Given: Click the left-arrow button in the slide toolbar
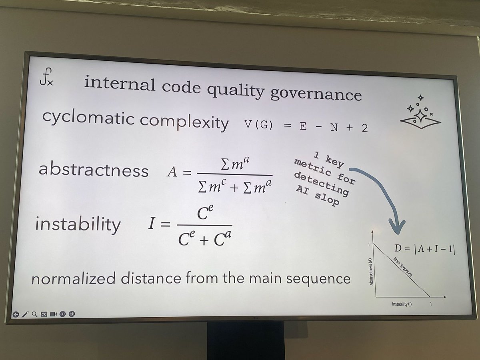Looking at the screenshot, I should (16, 314).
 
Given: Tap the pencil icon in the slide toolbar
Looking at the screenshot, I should (25, 314).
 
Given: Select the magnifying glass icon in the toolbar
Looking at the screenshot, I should (34, 314).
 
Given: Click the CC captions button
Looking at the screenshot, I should (44, 314).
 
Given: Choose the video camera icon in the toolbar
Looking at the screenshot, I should (53, 314).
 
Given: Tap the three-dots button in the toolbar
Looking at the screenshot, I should (62, 314).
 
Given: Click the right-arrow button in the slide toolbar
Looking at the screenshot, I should (72, 314).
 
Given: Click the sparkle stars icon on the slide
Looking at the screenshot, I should (418, 112).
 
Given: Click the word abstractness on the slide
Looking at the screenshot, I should (93, 170).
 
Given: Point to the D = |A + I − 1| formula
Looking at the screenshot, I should (425, 248).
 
